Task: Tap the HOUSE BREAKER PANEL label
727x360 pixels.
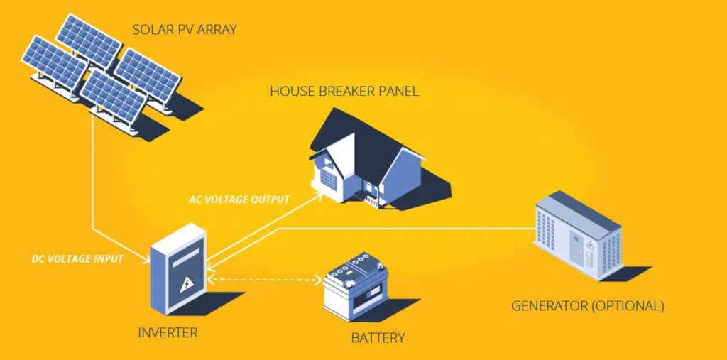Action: coord(344,91)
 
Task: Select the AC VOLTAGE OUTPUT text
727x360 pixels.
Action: coord(239,200)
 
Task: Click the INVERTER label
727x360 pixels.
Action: coord(168,332)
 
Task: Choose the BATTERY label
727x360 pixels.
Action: coord(378,337)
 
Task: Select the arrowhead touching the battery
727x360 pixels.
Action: coord(320,280)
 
